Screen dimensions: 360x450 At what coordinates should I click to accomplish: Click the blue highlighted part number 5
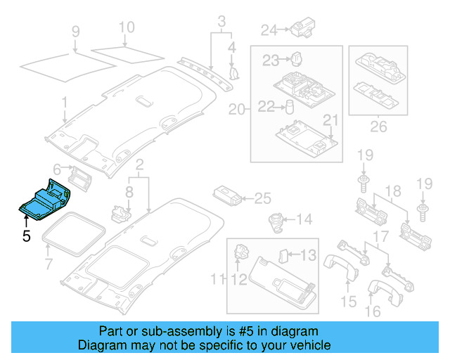(44, 201)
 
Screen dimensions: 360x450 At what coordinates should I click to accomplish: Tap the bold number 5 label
(26, 237)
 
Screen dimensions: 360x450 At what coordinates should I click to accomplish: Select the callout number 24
(269, 30)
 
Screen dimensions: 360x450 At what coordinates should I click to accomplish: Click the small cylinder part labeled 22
(289, 107)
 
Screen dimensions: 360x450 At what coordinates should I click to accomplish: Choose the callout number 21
(330, 120)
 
